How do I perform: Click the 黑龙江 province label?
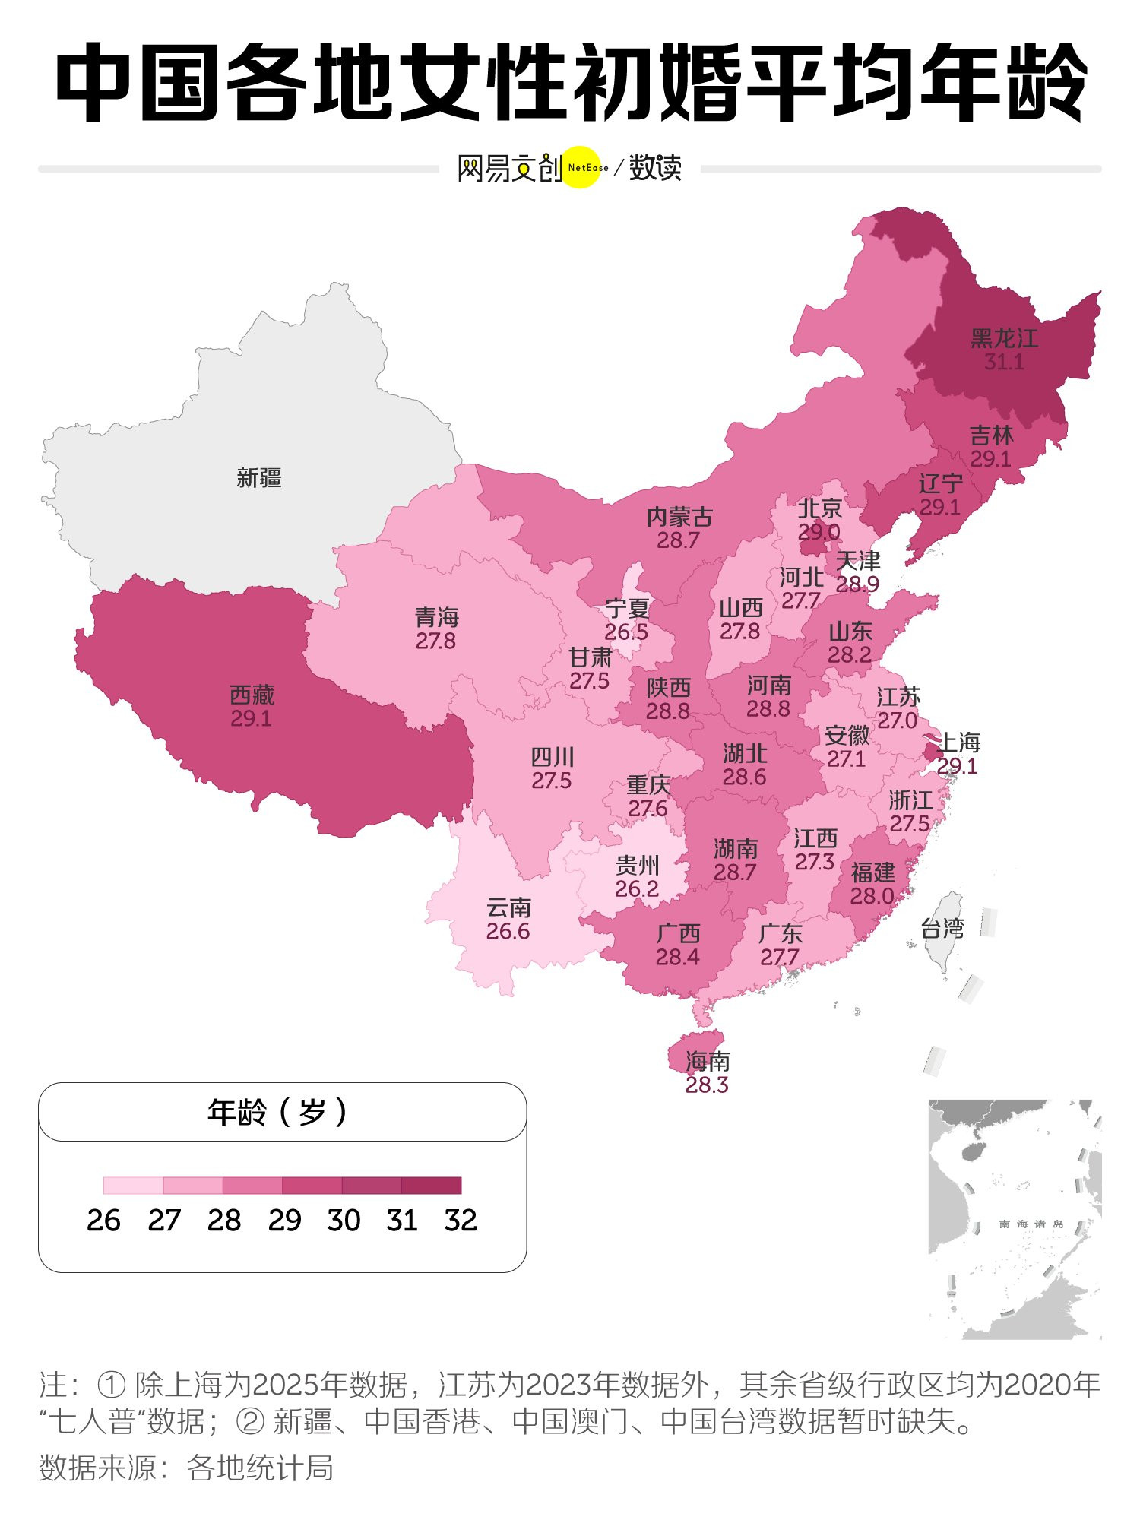click(x=1003, y=338)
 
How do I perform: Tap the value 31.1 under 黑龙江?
click(x=1003, y=363)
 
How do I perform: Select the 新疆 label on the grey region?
click(x=258, y=477)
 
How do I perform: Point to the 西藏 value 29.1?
click(x=251, y=718)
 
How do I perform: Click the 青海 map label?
click(x=436, y=616)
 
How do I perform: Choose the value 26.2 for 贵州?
click(x=636, y=888)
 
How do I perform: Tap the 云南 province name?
click(x=508, y=907)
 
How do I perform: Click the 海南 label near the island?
click(x=707, y=1061)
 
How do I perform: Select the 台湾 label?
click(x=942, y=928)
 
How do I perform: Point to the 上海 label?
click(x=960, y=742)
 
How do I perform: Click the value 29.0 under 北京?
click(x=819, y=532)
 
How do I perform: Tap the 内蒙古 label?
click(x=679, y=517)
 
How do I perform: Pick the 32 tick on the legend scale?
click(x=461, y=1221)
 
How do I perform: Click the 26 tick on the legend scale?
click(x=103, y=1221)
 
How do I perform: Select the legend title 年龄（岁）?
click(x=277, y=1113)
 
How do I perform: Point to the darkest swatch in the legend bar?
click(x=431, y=1186)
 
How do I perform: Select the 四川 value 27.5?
click(x=551, y=781)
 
